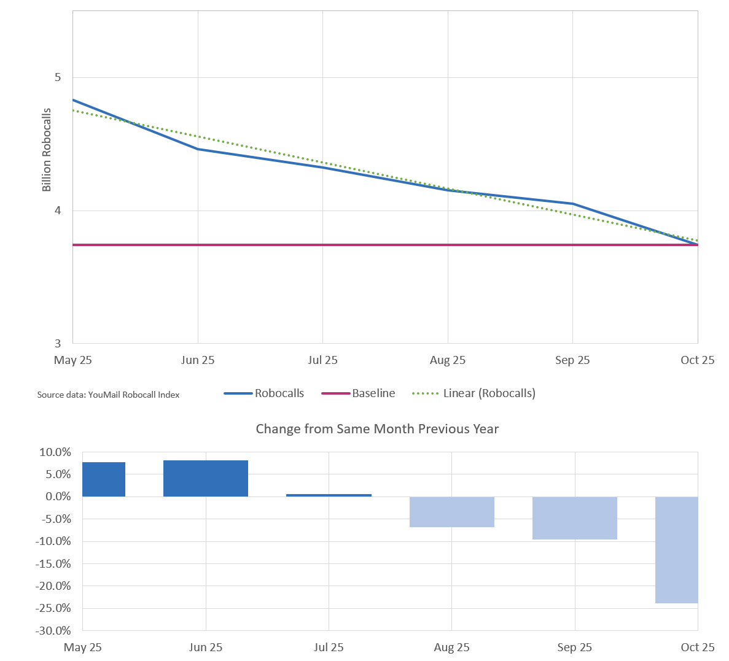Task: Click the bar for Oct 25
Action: (x=676, y=549)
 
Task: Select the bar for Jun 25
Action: (x=205, y=478)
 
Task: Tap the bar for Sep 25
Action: (x=574, y=518)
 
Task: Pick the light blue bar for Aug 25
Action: (x=451, y=512)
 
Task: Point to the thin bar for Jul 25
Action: (x=329, y=495)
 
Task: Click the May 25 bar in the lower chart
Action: (x=103, y=479)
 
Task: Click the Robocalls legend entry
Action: (x=264, y=393)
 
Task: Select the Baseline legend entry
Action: (x=359, y=393)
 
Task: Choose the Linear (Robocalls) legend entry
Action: (x=474, y=393)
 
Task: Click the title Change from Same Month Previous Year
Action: (x=377, y=429)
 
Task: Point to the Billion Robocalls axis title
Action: (x=47, y=150)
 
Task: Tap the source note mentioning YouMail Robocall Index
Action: (x=108, y=395)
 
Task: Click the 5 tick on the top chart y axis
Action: (x=58, y=77)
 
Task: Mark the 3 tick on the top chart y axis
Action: (x=58, y=343)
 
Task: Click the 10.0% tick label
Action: (x=55, y=452)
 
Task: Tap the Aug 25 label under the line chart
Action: (x=447, y=360)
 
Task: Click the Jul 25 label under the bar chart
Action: (x=329, y=647)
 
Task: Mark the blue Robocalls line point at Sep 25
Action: (x=572, y=204)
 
